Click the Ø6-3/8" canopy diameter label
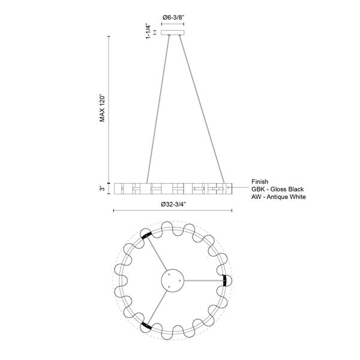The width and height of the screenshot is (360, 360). coord(174,17)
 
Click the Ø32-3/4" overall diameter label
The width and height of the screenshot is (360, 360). coord(174,204)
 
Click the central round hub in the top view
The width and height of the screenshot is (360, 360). coord(174,280)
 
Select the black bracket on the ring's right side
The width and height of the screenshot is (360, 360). coord(225,280)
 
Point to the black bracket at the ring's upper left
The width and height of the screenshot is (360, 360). coord(146,236)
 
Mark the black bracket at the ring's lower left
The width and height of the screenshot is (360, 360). coord(145,325)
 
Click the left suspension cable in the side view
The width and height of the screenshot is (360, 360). coord(157,108)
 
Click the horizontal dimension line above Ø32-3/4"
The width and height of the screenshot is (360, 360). coord(174,211)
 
